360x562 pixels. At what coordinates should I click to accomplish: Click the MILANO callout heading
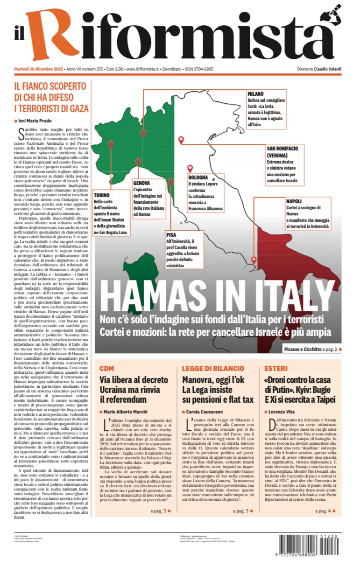point(255,93)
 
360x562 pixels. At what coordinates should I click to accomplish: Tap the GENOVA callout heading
point(141,183)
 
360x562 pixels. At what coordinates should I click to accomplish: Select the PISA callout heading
point(172,235)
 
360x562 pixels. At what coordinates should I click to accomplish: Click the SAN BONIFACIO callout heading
point(286,148)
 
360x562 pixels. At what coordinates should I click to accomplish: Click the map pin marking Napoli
point(254,260)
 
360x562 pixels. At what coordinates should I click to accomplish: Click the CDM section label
point(106,369)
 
